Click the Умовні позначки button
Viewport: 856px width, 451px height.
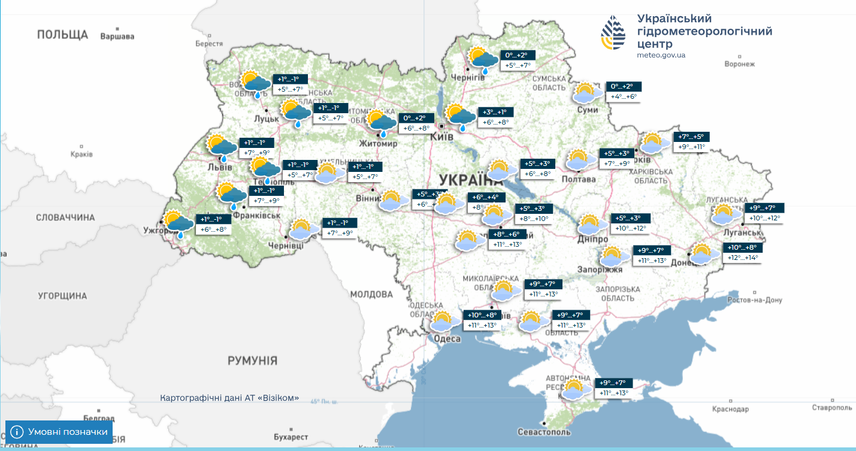[59, 432]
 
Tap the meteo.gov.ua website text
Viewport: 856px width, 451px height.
[661, 55]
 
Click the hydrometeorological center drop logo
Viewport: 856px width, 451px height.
[613, 33]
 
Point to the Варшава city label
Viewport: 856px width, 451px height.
[117, 37]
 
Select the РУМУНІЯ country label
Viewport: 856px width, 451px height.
[252, 361]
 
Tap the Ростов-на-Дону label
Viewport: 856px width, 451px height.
[755, 300]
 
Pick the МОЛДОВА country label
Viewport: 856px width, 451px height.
[371, 295]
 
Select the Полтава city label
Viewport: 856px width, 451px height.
[579, 179]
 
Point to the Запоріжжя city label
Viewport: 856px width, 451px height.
[601, 270]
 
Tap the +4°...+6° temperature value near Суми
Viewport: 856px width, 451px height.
[624, 96]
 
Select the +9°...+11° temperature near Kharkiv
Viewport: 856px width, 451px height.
[691, 147]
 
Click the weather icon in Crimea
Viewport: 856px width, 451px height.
[573, 389]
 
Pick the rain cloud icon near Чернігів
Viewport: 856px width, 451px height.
[483, 59]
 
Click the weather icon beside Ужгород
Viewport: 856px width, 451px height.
[179, 224]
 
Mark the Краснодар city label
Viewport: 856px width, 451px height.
[730, 410]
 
